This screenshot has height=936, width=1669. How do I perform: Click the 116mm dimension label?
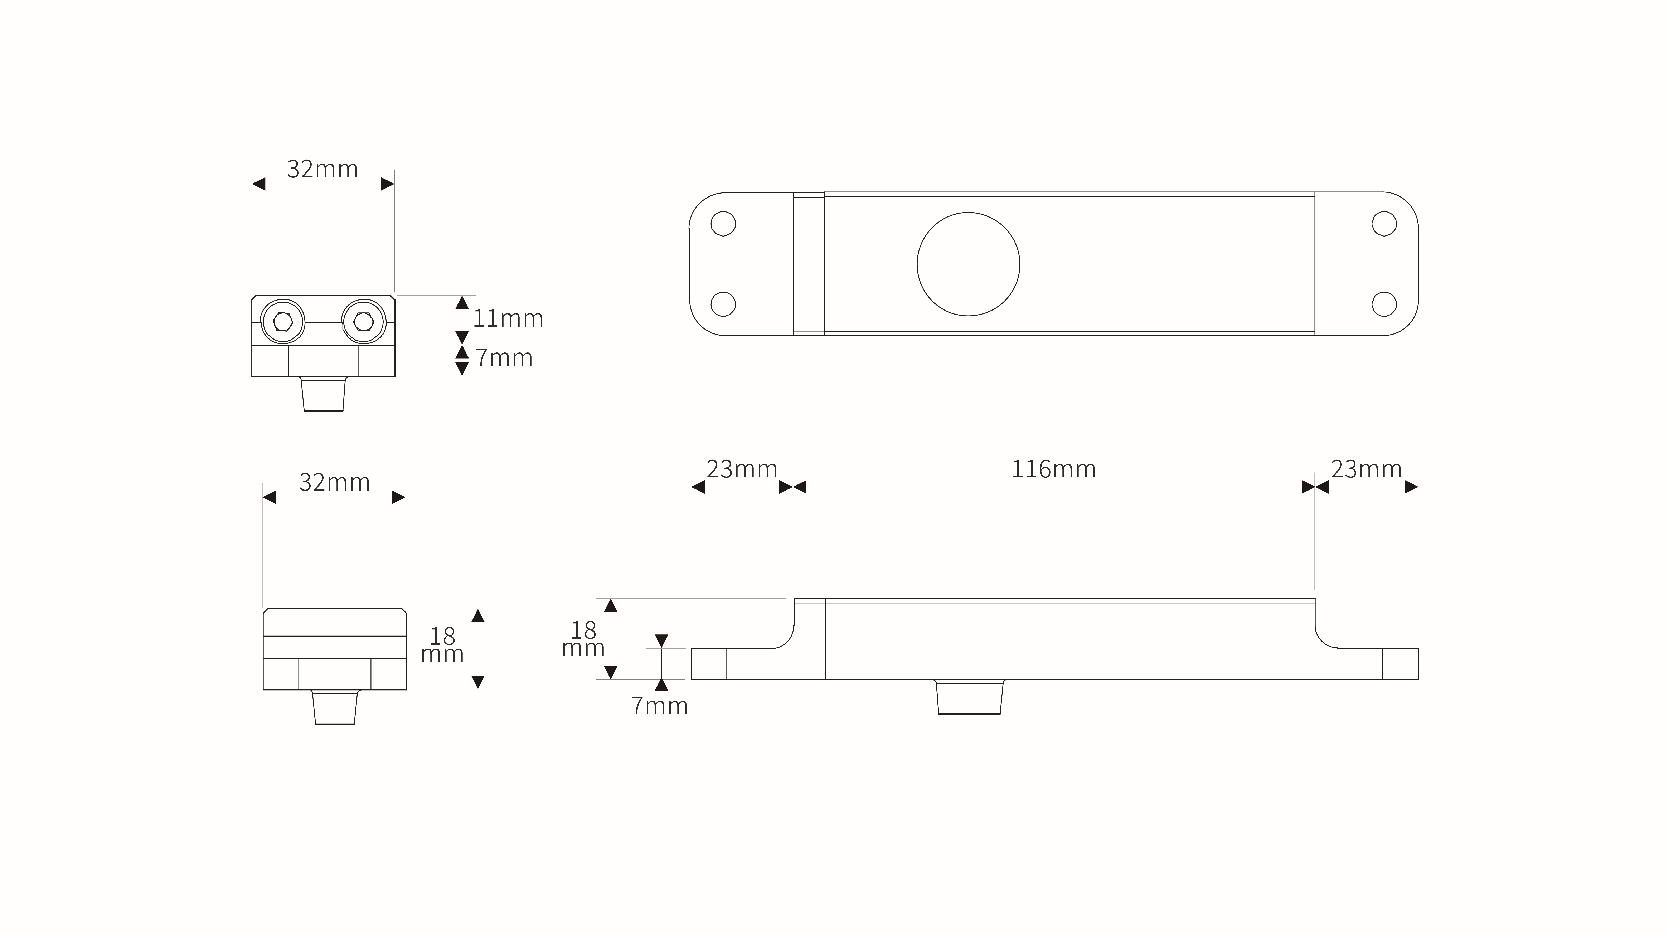click(x=1053, y=469)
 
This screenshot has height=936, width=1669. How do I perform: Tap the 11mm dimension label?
click(x=508, y=319)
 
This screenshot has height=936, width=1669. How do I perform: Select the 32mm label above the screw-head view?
click(x=323, y=169)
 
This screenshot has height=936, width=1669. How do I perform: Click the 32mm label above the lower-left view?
click(x=334, y=483)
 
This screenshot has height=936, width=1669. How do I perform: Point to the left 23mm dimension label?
click(x=741, y=469)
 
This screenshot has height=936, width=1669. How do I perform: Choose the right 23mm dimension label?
click(x=1366, y=469)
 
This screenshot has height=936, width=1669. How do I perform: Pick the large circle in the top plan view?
click(x=968, y=264)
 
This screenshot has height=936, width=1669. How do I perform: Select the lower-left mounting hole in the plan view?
click(x=723, y=304)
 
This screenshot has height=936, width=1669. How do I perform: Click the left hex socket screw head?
click(x=282, y=321)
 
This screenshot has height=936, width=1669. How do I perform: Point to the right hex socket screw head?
click(x=363, y=321)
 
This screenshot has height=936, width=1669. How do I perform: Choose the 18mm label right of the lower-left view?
click(x=442, y=645)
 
